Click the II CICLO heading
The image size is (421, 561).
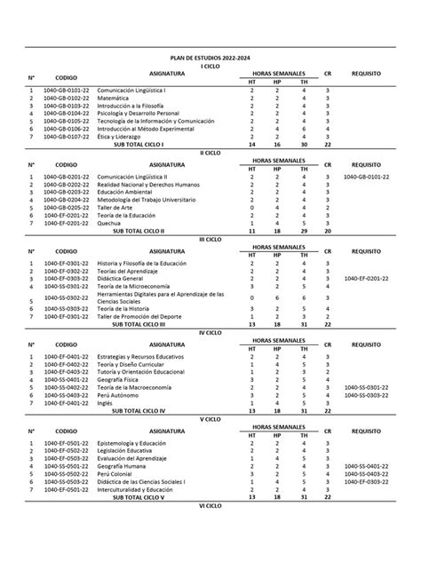coord(210,153)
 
